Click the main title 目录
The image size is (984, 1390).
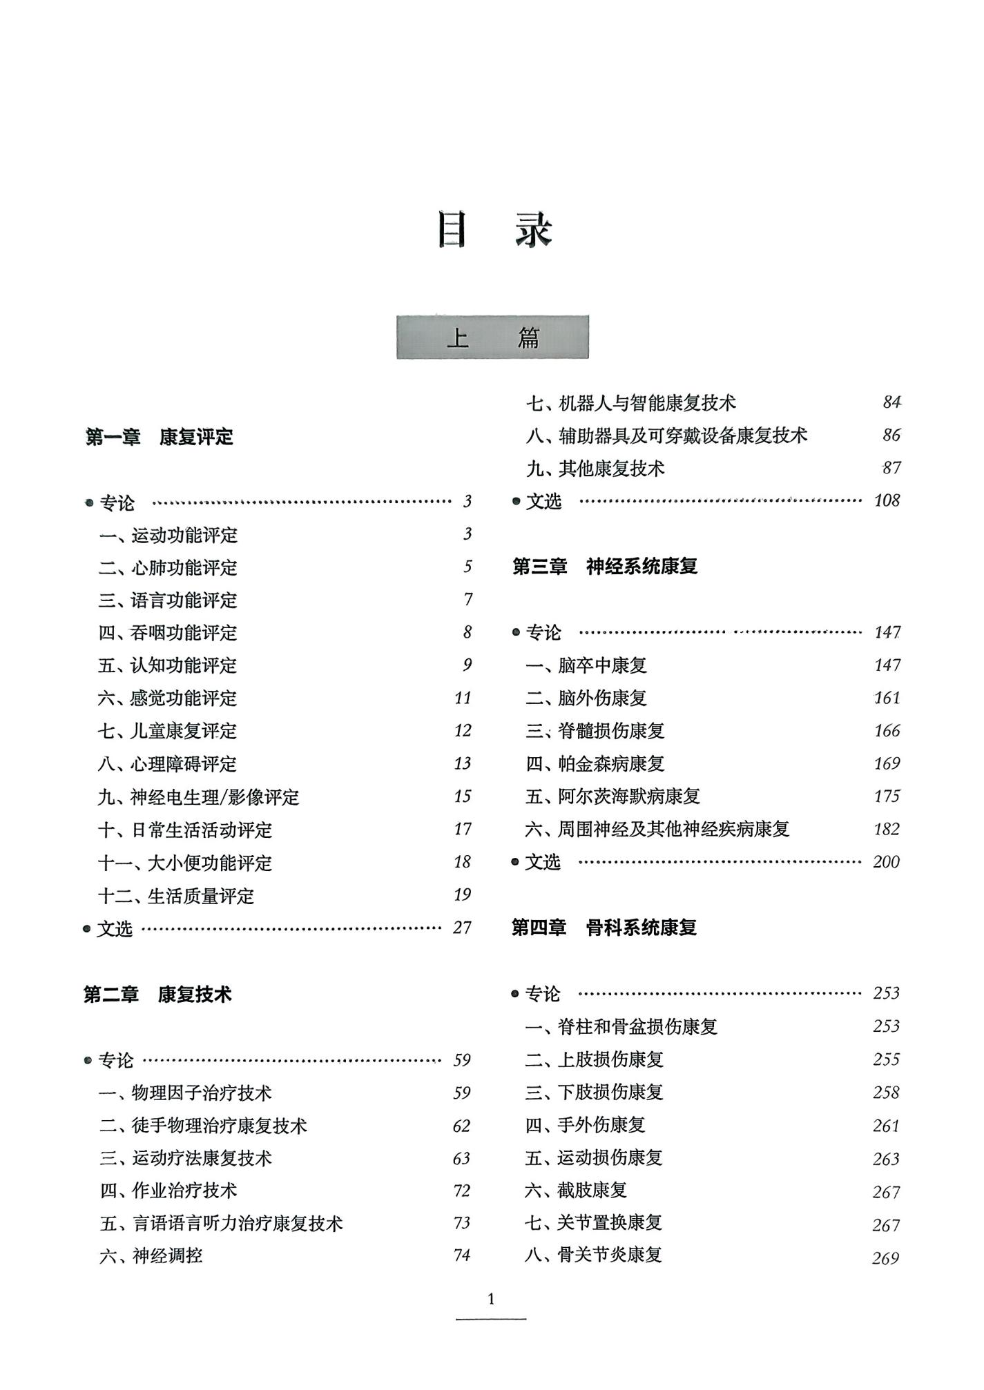[494, 230]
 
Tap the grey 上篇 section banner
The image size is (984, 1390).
[492, 337]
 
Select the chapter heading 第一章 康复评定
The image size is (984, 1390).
[159, 437]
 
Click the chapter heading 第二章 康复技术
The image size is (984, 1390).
[157, 995]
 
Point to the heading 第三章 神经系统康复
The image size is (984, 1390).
[605, 567]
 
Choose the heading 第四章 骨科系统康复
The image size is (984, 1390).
[604, 928]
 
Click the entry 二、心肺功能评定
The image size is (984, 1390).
[168, 567]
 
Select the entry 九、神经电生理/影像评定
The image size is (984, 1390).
[199, 797]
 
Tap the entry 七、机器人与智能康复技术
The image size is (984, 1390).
[631, 403]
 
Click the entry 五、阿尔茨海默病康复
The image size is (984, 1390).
[613, 796]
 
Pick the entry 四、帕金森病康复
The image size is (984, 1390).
[595, 764]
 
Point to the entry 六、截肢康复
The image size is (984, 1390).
[576, 1190]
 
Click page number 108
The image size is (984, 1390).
[887, 500]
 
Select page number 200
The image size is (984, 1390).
[886, 862]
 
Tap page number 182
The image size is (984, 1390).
[887, 829]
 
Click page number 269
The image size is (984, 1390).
[886, 1258]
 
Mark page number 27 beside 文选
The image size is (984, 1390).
[462, 928]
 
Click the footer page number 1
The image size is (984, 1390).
[491, 1300]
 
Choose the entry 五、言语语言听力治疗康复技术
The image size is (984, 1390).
[221, 1224]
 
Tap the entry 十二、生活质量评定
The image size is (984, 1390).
[176, 896]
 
